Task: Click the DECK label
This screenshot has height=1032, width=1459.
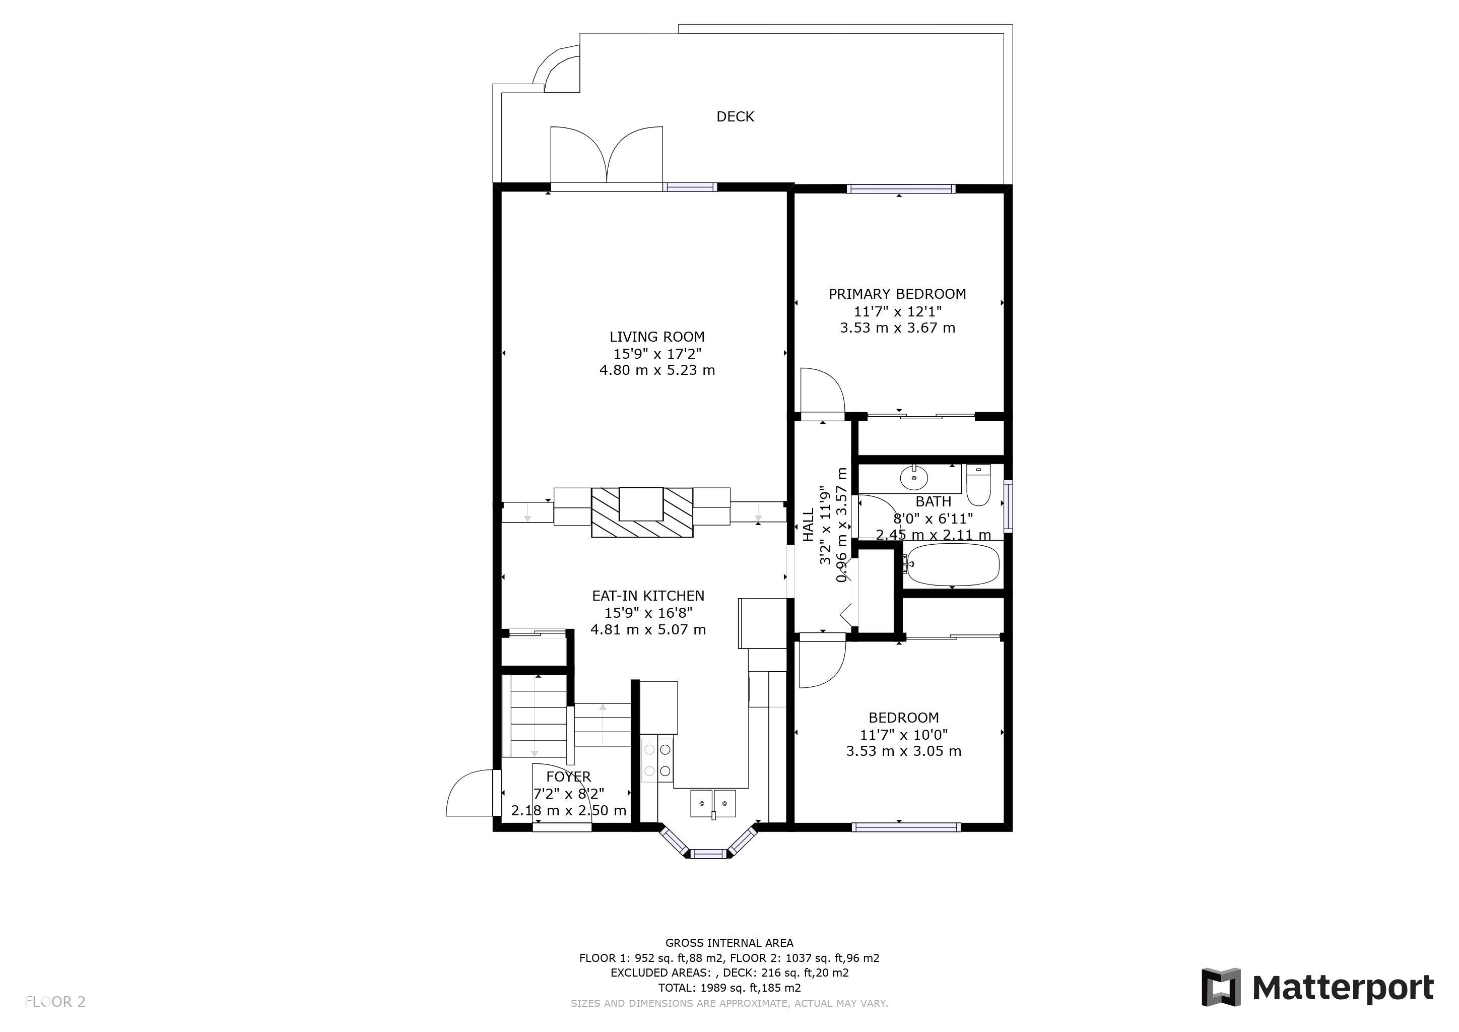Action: (735, 116)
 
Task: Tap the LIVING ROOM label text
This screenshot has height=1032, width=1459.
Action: (657, 337)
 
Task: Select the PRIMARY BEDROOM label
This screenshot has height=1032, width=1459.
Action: (897, 294)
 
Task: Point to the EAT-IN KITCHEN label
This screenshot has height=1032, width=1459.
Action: (648, 596)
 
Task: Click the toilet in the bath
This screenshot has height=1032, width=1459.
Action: (978, 484)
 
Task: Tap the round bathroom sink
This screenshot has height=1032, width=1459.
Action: (914, 477)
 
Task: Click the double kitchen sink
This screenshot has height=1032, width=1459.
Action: (713, 804)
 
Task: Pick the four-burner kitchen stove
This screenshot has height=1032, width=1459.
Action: (657, 759)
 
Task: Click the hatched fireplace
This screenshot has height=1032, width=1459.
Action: (642, 512)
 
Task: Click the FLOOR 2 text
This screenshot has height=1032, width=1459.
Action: (55, 1002)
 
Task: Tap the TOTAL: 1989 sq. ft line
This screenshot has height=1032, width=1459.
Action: (729, 988)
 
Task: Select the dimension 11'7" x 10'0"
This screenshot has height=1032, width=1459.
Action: (904, 735)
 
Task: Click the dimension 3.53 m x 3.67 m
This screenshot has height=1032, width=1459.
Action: (897, 328)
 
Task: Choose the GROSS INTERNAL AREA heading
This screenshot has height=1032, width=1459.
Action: (729, 943)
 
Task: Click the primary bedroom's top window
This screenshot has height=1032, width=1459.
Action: (900, 189)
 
